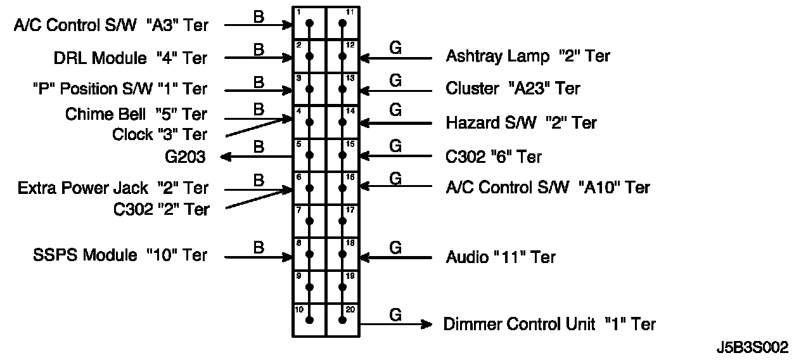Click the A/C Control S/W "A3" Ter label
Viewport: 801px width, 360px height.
pyautogui.click(x=111, y=25)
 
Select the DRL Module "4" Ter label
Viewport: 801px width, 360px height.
pyautogui.click(x=131, y=58)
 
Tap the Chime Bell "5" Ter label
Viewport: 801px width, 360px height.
pyautogui.click(x=136, y=114)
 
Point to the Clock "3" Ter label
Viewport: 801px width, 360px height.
pyautogui.click(x=160, y=134)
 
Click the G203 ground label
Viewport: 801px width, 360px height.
pyautogui.click(x=184, y=157)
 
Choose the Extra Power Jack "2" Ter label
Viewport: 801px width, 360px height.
pyautogui.click(x=113, y=188)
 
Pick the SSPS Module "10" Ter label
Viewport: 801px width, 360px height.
pyautogui.click(x=120, y=255)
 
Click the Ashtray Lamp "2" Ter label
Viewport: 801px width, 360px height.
pyautogui.click(x=528, y=56)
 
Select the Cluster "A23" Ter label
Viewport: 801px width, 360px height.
pyautogui.click(x=513, y=89)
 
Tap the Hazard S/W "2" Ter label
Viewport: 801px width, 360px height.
pyautogui.click(x=521, y=122)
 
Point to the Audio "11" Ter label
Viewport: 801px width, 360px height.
pyautogui.click(x=501, y=257)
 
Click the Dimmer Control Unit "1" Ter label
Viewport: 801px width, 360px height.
pyautogui.click(x=549, y=325)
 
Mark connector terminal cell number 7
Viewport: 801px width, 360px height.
pyautogui.click(x=309, y=221)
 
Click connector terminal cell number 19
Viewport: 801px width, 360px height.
pyautogui.click(x=342, y=286)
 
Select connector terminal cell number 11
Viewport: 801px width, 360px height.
pyautogui.click(x=342, y=23)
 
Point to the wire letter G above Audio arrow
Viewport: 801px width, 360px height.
pyautogui.click(x=395, y=247)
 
